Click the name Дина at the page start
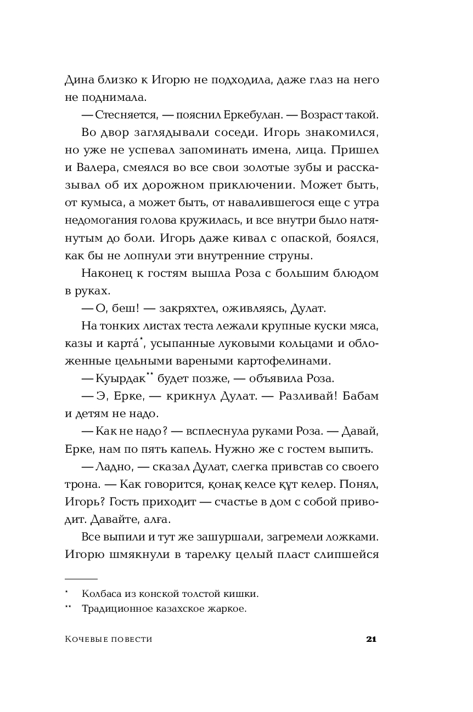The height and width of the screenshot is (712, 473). (x=78, y=80)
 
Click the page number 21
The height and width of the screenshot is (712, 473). (x=371, y=639)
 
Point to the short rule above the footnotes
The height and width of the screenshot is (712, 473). (x=81, y=579)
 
